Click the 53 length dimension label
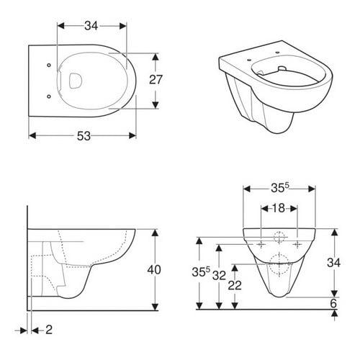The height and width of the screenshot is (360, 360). (84, 136)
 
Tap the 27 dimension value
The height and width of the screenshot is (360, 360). (156, 80)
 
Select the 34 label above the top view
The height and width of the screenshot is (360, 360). (91, 26)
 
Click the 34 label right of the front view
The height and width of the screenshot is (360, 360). (333, 263)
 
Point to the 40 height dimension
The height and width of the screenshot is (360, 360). (154, 270)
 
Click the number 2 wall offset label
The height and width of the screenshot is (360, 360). (49, 330)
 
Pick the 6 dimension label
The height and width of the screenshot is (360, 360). (333, 303)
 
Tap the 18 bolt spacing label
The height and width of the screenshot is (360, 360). (279, 208)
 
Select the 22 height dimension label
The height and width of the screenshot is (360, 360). (235, 285)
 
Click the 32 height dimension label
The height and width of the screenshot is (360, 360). (219, 276)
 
